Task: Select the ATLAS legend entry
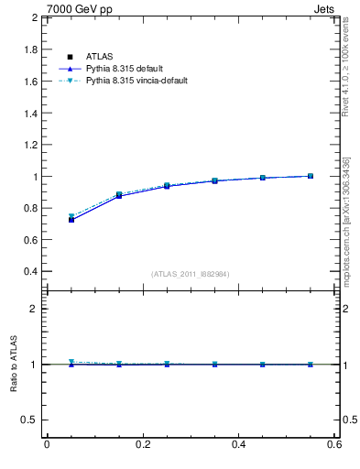click(x=98, y=57)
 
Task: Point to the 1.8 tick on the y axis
click(x=30, y=49)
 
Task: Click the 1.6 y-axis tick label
click(x=30, y=82)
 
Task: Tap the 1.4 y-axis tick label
click(x=30, y=113)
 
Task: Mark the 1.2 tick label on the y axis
click(x=30, y=145)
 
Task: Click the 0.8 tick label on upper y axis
click(x=30, y=208)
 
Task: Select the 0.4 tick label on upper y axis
click(x=30, y=271)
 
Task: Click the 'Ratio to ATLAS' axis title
click(x=14, y=365)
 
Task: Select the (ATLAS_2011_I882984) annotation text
click(x=190, y=274)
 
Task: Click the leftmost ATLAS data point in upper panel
click(x=71, y=220)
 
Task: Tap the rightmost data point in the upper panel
click(x=311, y=176)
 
